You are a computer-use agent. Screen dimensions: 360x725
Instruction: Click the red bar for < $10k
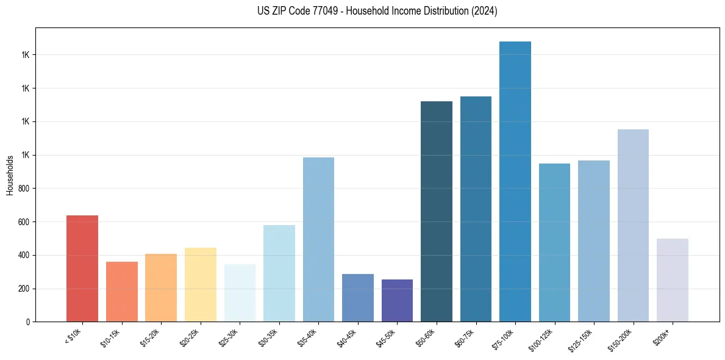point(82,268)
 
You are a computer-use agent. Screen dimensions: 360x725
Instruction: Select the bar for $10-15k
point(121,292)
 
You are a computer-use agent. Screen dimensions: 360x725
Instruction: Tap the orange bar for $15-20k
point(161,287)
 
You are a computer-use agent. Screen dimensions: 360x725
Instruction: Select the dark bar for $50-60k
point(437,211)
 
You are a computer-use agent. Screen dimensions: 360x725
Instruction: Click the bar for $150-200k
point(633,225)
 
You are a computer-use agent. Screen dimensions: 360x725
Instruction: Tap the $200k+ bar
point(673,280)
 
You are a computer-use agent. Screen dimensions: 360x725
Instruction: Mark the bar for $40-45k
point(358,298)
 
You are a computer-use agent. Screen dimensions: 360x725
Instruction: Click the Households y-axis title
point(10,175)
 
